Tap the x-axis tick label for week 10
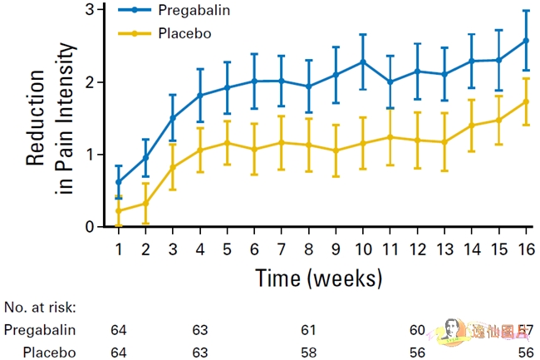363,249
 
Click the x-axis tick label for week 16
525,249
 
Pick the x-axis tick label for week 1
119,249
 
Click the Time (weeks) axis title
318,277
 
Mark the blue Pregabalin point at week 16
525,40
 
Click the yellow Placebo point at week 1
119,211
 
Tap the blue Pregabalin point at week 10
363,62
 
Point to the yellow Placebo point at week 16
525,101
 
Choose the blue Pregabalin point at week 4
200,96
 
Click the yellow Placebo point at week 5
227,142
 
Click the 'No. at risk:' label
40,307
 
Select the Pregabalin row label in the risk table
40,329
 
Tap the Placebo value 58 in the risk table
309,352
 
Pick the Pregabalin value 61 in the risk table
309,329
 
